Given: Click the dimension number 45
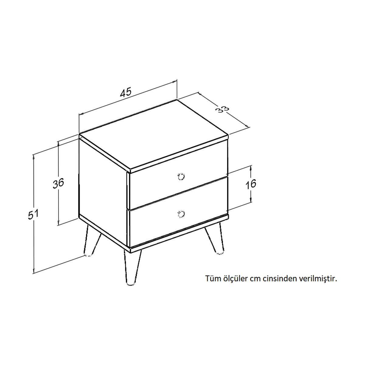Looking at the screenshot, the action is tap(125, 92).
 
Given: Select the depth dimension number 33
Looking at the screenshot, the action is tap(223, 109).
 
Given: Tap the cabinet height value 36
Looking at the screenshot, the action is tap(58, 183).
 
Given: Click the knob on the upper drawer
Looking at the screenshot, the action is tap(181, 176).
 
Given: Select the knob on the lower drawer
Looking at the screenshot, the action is tap(181, 214).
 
